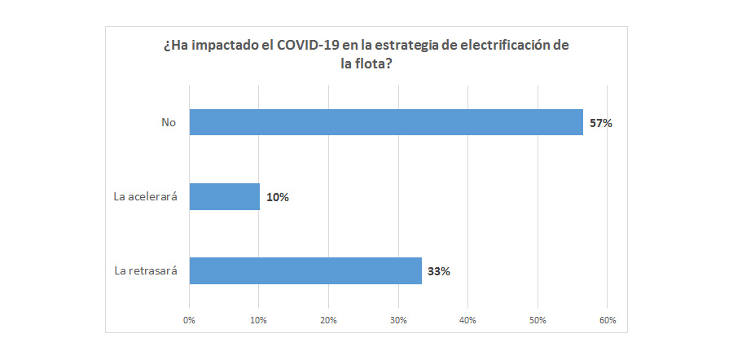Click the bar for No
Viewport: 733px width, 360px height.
(386, 122)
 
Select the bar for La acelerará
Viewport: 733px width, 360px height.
(224, 196)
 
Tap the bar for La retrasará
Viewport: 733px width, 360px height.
(305, 270)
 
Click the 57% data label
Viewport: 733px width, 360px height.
(600, 124)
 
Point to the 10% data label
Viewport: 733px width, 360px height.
(278, 197)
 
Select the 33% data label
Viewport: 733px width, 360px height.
(439, 271)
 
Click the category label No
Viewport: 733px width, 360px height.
(169, 123)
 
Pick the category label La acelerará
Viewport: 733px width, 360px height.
(145, 197)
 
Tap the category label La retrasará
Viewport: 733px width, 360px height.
(146, 271)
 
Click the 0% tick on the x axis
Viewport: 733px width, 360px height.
(190, 320)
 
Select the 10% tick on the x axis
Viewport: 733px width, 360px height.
(259, 320)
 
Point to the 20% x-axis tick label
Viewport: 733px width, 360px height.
(328, 320)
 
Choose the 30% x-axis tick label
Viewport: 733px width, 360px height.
(398, 320)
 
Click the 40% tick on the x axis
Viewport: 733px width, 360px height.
(467, 320)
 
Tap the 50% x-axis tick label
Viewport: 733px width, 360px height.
(538, 320)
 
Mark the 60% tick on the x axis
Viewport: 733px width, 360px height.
(607, 320)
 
